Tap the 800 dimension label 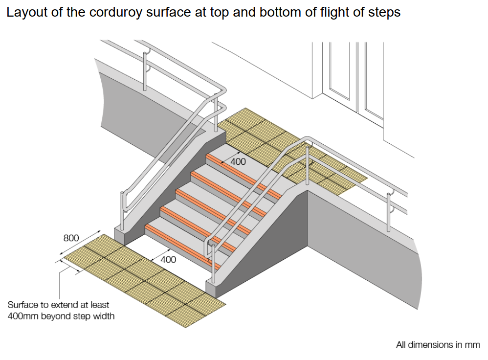tap(71, 238)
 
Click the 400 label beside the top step tap(238, 161)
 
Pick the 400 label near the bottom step tap(168, 260)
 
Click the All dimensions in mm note tap(438, 345)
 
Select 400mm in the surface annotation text tap(23, 316)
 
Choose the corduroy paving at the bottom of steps tap(142, 276)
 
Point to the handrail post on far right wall tap(388, 213)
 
